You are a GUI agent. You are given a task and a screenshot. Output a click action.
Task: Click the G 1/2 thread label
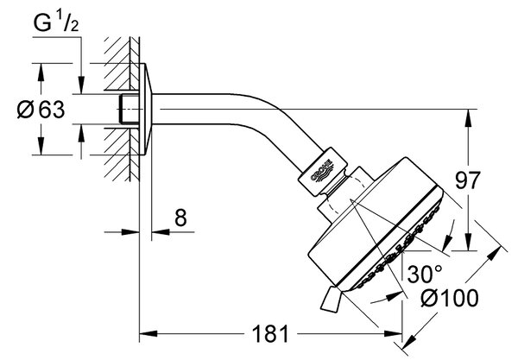56,22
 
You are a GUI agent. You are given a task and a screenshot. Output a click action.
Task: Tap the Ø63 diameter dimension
41,110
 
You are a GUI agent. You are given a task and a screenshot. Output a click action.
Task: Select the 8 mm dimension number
180,218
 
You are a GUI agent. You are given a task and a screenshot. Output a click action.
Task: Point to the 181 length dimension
270,333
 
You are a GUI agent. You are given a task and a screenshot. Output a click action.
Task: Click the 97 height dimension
468,180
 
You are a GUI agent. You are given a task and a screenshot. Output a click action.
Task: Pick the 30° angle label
425,274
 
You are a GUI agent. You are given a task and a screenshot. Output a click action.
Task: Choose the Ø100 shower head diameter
450,298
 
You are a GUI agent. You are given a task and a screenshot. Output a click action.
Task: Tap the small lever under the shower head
331,300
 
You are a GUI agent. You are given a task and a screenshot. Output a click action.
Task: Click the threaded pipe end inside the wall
129,110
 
